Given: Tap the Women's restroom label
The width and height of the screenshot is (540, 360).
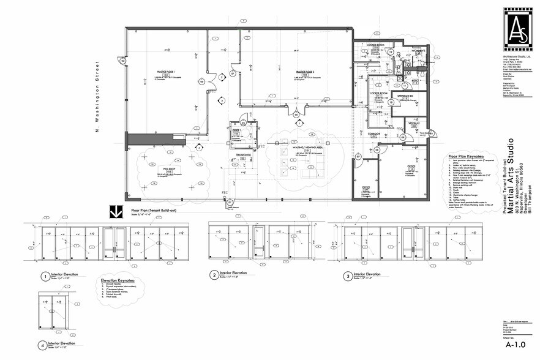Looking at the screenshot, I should coord(418,51).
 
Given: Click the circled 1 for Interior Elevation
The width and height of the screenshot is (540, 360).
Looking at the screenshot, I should coord(45,277).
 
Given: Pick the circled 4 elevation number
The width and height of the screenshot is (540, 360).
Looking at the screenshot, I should coord(42,345).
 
